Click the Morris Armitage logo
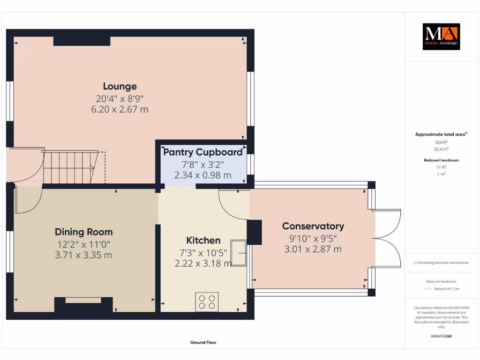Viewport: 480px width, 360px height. [x=441, y=37]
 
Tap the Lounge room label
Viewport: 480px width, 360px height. [x=120, y=86]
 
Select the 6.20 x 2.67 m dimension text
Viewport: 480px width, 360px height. [x=120, y=109]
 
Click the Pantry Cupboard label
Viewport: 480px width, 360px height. [x=203, y=152]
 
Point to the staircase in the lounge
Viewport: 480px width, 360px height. [x=70, y=167]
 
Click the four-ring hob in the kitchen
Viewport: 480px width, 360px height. [x=207, y=301]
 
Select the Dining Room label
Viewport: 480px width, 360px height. [x=84, y=232]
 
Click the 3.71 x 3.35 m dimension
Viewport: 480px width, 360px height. [x=84, y=255]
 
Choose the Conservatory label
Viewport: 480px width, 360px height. [x=313, y=226]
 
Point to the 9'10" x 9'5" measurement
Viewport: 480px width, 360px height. [x=313, y=238]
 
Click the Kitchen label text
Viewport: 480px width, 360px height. [x=203, y=240]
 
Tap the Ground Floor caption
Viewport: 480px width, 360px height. [x=203, y=343]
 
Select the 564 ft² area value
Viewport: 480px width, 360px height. [x=441, y=142]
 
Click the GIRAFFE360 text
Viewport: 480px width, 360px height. [x=441, y=336]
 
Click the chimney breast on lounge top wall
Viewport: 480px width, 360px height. [x=82, y=41]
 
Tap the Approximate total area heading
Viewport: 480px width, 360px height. [x=441, y=135]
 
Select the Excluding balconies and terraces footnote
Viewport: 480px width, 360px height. [x=441, y=262]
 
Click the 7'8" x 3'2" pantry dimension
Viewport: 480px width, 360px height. [x=203, y=164]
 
